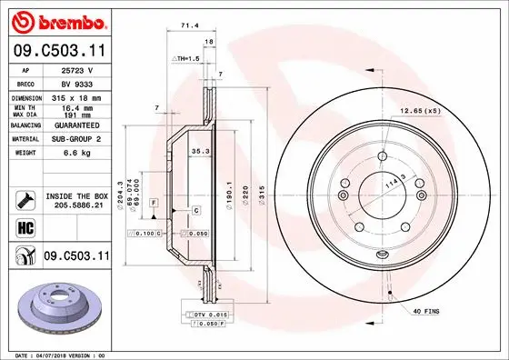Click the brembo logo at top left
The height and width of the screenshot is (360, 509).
click(x=56, y=20)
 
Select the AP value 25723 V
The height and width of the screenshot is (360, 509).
click(x=76, y=69)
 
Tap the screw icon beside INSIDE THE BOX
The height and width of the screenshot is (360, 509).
click(x=25, y=197)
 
